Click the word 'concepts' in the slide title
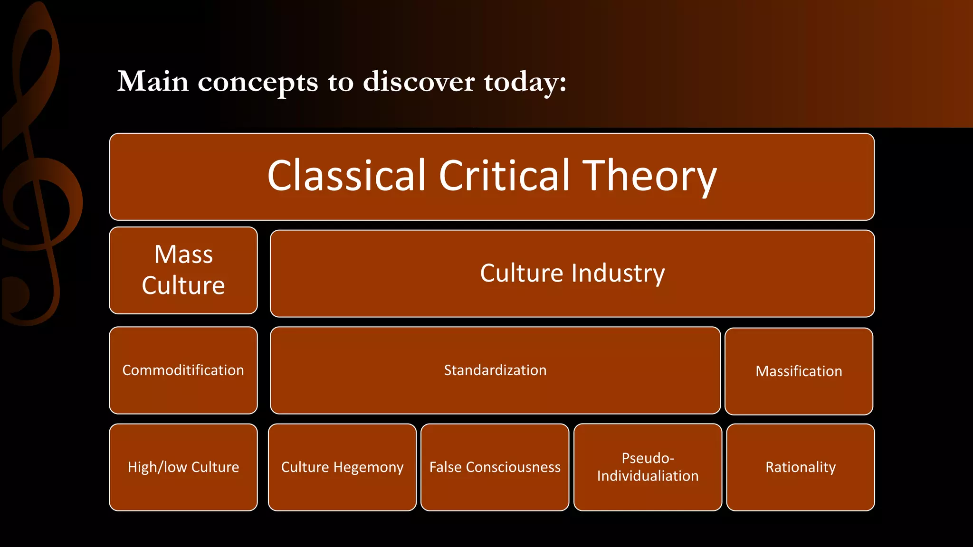click(x=258, y=82)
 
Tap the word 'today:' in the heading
click(x=525, y=82)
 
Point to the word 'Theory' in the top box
click(x=649, y=177)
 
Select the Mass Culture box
click(x=183, y=270)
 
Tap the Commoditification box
click(x=183, y=370)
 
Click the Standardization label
click(x=495, y=370)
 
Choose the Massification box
click(x=799, y=371)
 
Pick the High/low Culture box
click(x=183, y=467)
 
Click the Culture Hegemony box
click(x=342, y=467)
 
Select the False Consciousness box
click(x=495, y=467)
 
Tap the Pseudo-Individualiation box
click(x=648, y=467)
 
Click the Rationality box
click(x=800, y=467)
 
